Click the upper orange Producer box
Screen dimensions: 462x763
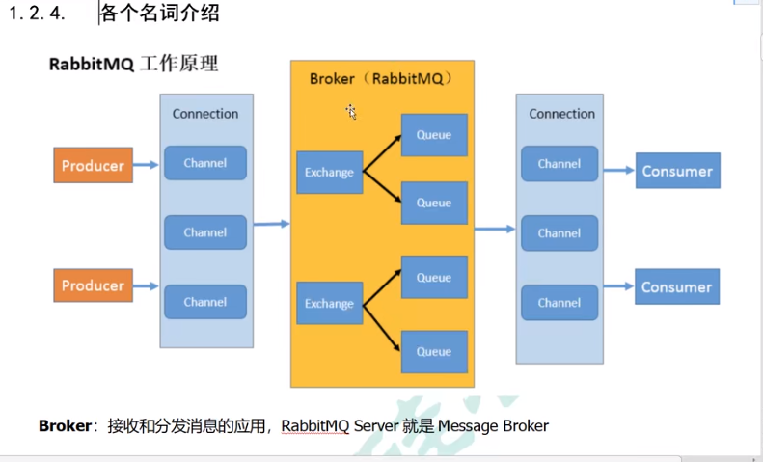pos(94,165)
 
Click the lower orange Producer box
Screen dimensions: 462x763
pos(94,285)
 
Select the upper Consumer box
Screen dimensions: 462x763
pos(677,171)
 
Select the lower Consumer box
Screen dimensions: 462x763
pos(677,286)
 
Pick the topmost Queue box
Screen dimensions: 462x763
pos(434,135)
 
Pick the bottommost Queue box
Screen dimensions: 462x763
pos(434,352)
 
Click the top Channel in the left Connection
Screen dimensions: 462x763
pos(205,163)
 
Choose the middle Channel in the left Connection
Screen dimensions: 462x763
pos(205,232)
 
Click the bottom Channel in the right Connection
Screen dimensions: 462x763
pos(559,302)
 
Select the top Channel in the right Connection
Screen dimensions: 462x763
pos(559,163)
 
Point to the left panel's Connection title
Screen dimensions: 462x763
pos(205,114)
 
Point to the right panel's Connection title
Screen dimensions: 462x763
pos(561,114)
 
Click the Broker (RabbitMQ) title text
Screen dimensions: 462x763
pos(381,78)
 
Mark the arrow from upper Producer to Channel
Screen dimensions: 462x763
pos(145,165)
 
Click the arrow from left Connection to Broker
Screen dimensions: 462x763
pos(272,224)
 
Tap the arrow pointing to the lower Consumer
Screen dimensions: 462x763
pos(617,286)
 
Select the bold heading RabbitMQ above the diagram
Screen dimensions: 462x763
pos(91,65)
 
